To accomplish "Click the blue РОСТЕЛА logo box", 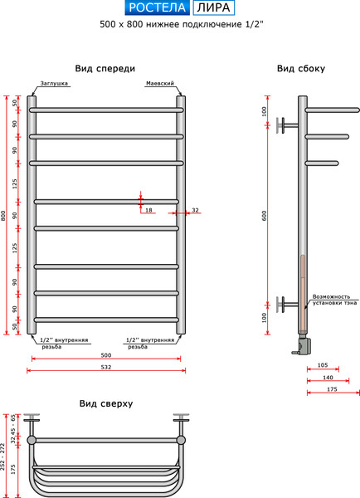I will tap(156, 8).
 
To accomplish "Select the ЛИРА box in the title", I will tap(213, 8).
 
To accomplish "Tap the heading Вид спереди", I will tap(105, 69).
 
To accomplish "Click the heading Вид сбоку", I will tap(301, 69).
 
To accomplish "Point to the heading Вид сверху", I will tap(106, 404).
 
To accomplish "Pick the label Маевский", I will tap(159, 85).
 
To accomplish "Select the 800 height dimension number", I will tap(4, 215).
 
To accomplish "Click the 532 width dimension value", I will tap(106, 367).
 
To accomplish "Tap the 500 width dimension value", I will tap(106, 355).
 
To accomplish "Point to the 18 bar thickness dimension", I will tap(148, 211).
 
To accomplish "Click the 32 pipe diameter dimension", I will tap(196, 211).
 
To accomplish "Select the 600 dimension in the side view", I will tap(265, 215).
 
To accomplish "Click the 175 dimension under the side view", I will tap(332, 389).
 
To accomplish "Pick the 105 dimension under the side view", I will tap(323, 365).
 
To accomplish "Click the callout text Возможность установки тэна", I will tap(334, 300).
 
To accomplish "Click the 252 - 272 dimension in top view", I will tap(4, 457).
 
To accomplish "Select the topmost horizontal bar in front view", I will tap(106, 110).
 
